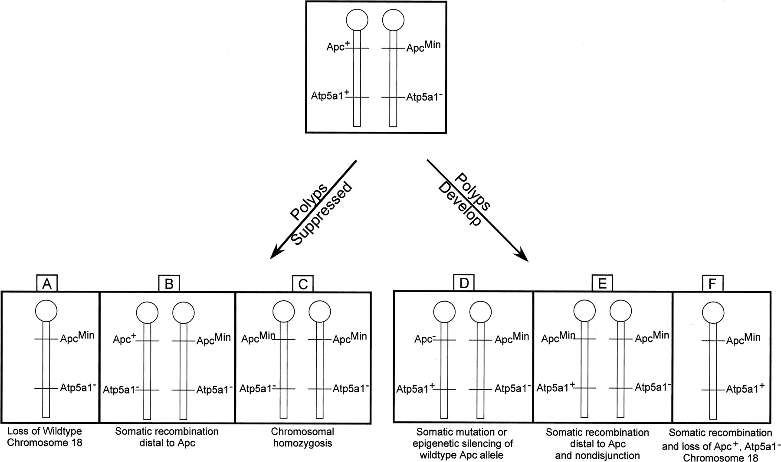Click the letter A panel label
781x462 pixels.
click(47, 283)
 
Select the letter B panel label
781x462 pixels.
click(169, 283)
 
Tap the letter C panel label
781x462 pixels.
click(303, 284)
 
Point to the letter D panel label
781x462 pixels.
click(463, 283)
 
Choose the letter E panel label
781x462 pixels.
click(602, 283)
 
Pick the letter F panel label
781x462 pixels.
click(712, 283)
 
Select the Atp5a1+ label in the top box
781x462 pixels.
click(330, 95)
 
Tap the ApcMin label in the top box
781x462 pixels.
click(423, 46)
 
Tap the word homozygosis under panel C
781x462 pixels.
click(302, 443)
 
